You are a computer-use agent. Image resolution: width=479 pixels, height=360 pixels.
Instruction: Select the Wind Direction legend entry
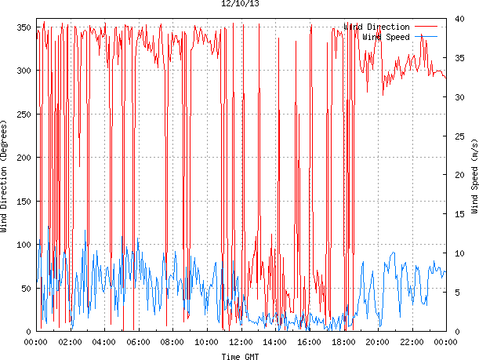[376, 27]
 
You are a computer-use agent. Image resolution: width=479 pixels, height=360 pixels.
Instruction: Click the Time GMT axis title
[239, 356]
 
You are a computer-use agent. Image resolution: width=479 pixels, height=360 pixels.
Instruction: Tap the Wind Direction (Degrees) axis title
[5, 177]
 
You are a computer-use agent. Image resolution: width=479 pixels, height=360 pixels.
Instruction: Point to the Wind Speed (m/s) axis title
[474, 177]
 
